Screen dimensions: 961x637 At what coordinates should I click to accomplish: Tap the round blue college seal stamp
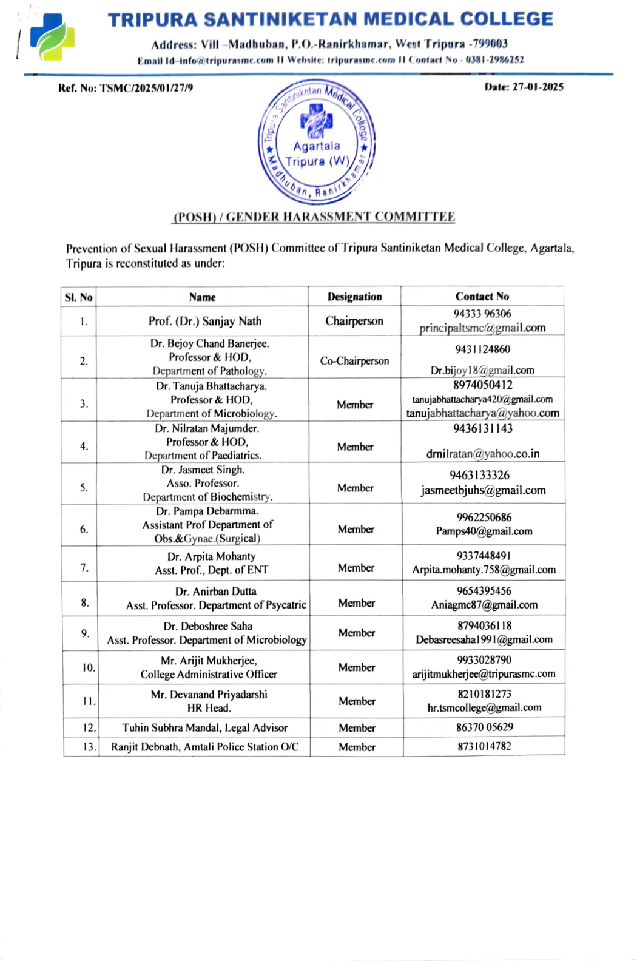tap(316, 142)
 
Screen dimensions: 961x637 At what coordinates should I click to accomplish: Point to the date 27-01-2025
tap(538, 87)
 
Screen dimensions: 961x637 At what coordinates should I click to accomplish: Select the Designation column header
tap(354, 297)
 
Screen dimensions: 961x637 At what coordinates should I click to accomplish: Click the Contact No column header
tap(482, 296)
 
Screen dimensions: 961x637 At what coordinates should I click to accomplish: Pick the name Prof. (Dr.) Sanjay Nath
tap(205, 322)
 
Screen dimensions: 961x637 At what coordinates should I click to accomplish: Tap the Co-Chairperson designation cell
tap(354, 361)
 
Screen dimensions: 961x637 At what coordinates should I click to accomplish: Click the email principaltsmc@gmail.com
tap(482, 328)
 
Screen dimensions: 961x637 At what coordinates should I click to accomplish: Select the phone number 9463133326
tap(479, 475)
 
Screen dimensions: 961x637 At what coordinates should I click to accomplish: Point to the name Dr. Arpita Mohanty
tap(211, 556)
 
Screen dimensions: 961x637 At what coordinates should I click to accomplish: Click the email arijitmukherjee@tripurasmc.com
tap(484, 674)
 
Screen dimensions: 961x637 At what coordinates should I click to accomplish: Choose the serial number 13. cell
tap(89, 747)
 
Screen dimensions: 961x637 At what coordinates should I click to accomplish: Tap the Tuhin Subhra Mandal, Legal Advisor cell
tap(204, 727)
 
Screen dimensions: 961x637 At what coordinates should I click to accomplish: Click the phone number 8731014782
tap(484, 746)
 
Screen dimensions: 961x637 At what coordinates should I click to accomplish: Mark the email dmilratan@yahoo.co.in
tap(482, 454)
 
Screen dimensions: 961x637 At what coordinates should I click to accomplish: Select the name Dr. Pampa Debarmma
tap(207, 511)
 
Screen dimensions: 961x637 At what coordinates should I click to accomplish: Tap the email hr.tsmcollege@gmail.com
tap(484, 707)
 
